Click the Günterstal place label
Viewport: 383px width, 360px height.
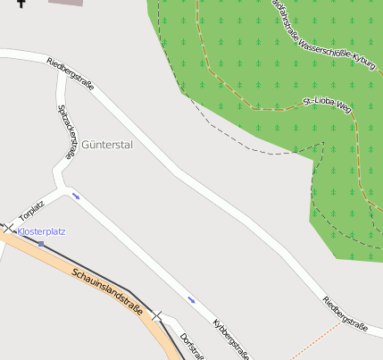[106, 144]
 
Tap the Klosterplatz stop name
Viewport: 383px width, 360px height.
[41, 231]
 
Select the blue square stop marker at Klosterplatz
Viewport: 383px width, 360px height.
[40, 243]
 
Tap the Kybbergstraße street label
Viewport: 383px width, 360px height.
[230, 339]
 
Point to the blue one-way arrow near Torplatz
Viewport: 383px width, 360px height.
[76, 196]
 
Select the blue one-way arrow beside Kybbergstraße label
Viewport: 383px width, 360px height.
[191, 298]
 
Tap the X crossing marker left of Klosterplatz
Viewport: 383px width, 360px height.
[9, 229]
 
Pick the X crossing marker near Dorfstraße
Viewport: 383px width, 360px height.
[158, 315]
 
